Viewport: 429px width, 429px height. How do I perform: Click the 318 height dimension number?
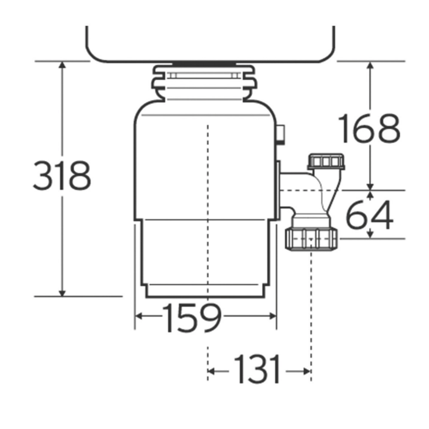[62, 176]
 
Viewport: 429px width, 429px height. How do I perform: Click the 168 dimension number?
[369, 129]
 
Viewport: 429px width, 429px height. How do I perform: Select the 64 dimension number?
[369, 215]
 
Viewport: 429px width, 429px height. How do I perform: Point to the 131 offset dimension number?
[257, 370]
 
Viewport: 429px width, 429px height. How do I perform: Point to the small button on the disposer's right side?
[281, 134]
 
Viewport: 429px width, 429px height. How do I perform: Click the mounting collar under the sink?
[204, 84]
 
